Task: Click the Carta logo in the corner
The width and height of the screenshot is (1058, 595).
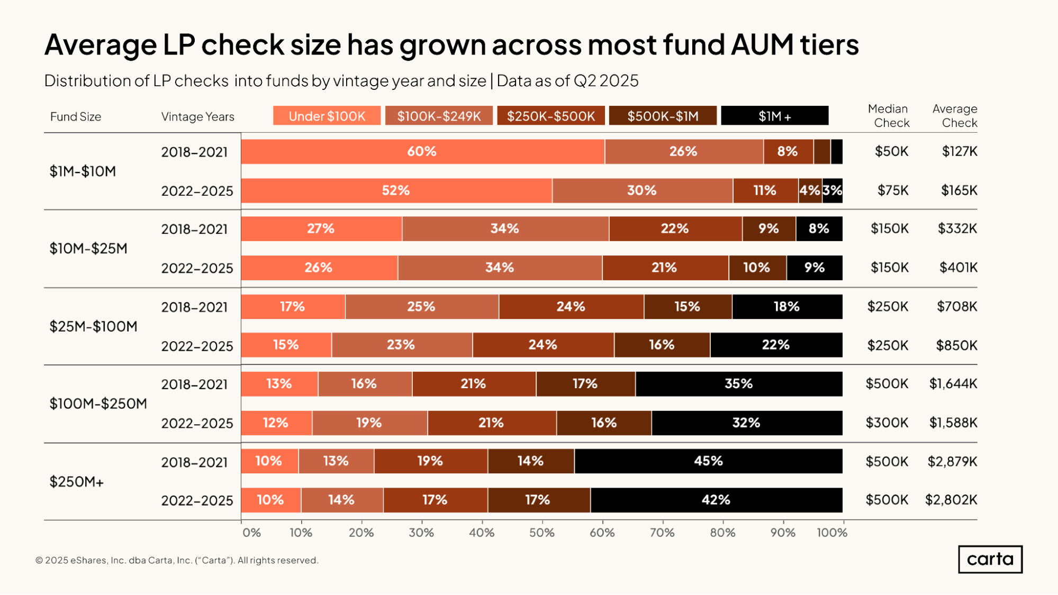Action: (990, 559)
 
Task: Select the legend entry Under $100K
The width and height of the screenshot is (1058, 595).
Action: (327, 116)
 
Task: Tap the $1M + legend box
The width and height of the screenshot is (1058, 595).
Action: (774, 116)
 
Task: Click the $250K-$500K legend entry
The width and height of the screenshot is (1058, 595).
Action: (550, 116)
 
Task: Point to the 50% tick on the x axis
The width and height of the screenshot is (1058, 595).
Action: (541, 532)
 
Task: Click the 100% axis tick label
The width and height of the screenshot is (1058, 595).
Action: (831, 532)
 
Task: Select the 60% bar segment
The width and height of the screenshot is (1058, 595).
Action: (422, 151)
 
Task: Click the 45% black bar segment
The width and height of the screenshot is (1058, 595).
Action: (708, 461)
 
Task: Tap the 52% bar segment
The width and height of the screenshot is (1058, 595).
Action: (396, 190)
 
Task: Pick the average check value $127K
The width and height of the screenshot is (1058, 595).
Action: (959, 151)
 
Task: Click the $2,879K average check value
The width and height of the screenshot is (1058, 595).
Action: (952, 461)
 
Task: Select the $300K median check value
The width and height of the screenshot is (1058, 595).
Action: (887, 423)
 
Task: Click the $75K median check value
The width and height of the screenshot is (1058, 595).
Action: (892, 190)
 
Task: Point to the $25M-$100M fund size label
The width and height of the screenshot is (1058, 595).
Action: (93, 326)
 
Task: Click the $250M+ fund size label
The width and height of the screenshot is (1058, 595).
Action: (76, 481)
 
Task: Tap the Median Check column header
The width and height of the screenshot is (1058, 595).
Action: (889, 116)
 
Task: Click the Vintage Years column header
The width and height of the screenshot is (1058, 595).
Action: (197, 116)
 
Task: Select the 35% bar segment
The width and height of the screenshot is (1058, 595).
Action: (738, 383)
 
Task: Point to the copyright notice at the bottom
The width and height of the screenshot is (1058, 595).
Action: (177, 560)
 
